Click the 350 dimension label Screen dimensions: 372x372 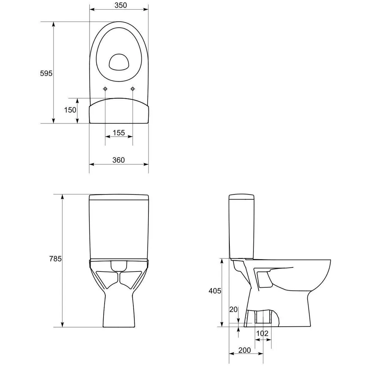tap(119, 5)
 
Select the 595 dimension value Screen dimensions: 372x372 tap(46, 73)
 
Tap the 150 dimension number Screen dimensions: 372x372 tap(70, 110)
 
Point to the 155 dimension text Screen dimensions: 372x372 tap(119, 133)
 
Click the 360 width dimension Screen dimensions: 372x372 tap(119, 160)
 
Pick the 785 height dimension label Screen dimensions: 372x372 tap(55, 259)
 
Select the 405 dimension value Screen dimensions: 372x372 tap(215, 291)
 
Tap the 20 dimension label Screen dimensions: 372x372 tap(234, 309)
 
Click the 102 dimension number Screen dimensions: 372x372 tap(262, 333)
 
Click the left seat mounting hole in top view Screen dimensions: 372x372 tap(106, 89)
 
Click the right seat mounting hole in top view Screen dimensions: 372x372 tap(133, 89)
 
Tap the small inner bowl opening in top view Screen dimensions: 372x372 tap(119, 62)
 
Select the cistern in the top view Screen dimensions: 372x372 tap(119, 111)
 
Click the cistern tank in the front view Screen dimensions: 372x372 tap(119, 227)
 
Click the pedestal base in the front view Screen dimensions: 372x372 tap(119, 309)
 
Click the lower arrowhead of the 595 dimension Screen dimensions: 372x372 tap(54, 120)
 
